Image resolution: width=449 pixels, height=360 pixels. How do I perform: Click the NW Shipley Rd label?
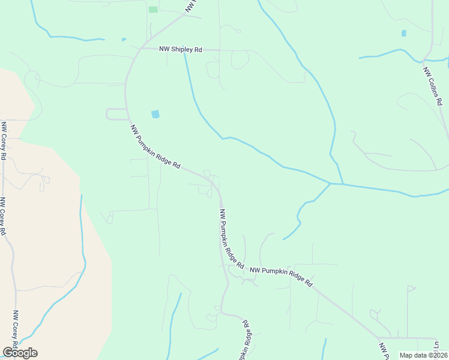pyautogui.click(x=181, y=50)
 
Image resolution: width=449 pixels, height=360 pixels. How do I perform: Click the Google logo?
pyautogui.click(x=20, y=353)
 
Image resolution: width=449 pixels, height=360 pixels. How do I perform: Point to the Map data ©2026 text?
pyautogui.click(x=423, y=355)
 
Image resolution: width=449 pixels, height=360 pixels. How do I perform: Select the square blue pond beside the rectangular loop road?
pyautogui.click(x=155, y=113)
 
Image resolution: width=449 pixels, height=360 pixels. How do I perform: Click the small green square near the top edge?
pyautogui.click(x=153, y=9)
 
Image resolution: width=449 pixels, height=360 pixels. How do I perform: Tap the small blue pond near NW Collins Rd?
pyautogui.click(x=403, y=33)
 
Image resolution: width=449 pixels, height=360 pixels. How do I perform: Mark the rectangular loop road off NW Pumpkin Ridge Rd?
pyautogui.click(x=115, y=114)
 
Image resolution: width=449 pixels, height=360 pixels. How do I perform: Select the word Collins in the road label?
pyautogui.click(x=433, y=88)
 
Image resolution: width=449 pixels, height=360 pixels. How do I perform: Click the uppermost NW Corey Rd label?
pyautogui.click(x=4, y=140)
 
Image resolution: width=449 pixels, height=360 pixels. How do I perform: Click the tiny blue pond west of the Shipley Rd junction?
pyautogui.click(x=124, y=40)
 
